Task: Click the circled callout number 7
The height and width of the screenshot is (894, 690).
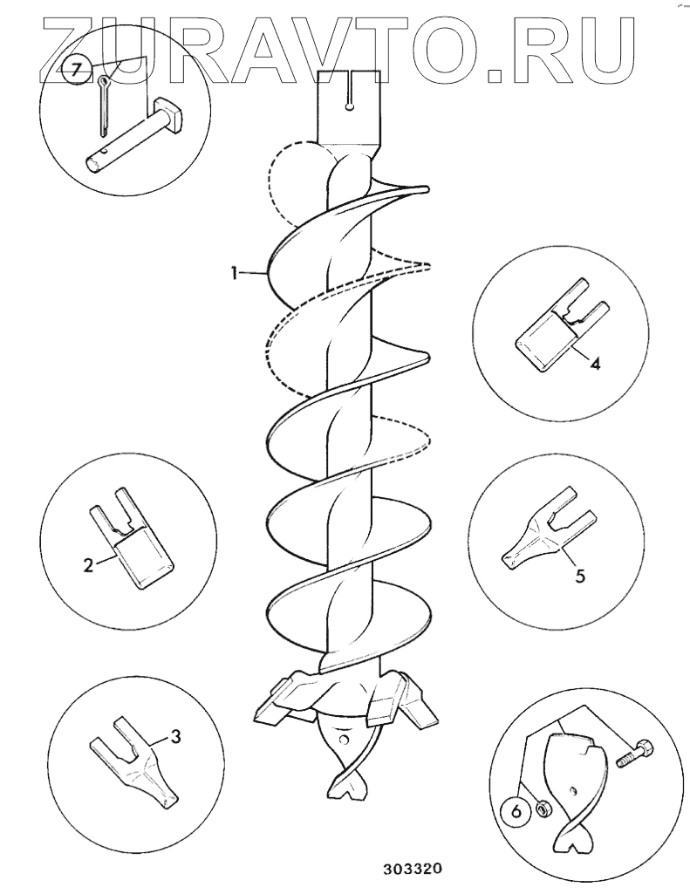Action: click(x=76, y=72)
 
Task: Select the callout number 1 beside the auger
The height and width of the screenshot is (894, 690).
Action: click(x=235, y=274)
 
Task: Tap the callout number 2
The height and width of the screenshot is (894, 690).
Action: click(x=88, y=564)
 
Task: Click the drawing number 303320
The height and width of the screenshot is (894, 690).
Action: click(x=412, y=869)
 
